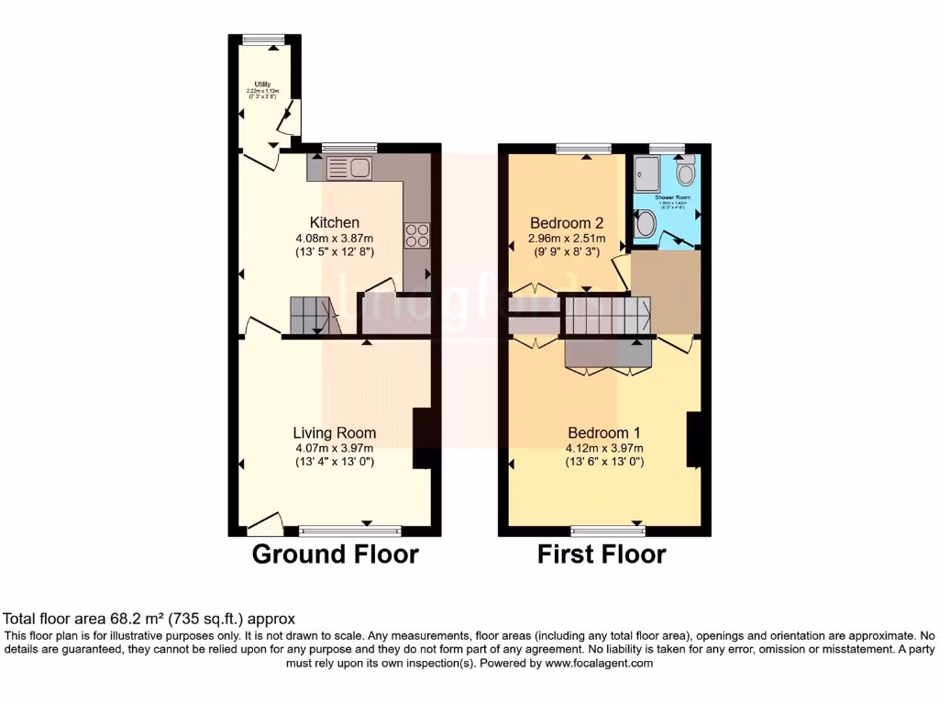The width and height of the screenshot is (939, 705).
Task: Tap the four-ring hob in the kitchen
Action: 415,236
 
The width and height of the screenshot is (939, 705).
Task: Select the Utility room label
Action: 262,84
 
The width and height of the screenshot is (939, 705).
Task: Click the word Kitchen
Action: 334,223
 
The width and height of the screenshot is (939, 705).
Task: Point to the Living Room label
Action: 334,433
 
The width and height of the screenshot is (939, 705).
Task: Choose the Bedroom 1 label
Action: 603,433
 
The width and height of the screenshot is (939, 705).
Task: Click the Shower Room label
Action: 672,197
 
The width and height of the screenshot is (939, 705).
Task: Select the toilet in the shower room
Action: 684,173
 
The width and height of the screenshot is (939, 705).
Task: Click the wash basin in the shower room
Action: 646,223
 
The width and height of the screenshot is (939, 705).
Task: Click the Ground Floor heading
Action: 335,554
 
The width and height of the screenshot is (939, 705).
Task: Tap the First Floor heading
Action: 602,554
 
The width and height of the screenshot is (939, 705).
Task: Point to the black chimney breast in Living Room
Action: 424,439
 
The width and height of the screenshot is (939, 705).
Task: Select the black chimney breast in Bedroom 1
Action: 694,439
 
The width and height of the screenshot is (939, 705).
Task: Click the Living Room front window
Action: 350,531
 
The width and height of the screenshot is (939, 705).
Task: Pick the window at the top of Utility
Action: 262,39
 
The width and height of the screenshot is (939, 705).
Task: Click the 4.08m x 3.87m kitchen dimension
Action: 334,238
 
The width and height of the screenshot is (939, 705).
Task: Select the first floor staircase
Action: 605,315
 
